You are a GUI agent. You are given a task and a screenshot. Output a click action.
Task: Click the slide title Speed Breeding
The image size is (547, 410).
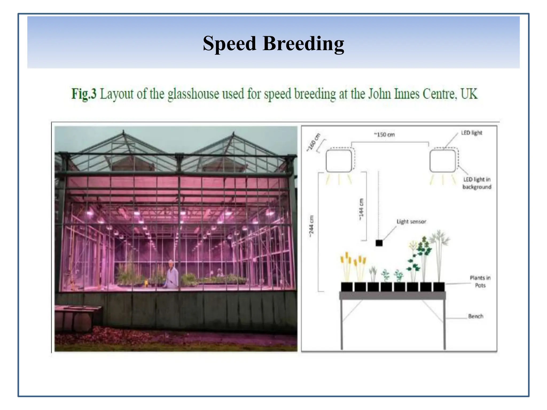273,44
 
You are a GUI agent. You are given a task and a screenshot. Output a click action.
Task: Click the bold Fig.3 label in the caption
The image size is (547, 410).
84,94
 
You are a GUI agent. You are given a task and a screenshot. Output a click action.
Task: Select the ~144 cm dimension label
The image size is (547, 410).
361,210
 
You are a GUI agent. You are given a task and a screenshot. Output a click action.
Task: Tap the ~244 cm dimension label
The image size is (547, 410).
311,226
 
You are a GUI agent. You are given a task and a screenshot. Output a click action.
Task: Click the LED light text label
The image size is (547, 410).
471,133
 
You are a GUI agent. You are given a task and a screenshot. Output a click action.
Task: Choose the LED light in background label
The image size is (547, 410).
477,183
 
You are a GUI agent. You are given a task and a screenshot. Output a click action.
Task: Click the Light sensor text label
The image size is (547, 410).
411,222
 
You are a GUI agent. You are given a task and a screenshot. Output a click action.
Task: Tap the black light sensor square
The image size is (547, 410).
379,243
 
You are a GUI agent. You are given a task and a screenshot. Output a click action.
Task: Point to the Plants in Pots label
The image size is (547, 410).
480,282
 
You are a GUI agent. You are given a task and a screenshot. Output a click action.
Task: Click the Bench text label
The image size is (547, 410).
475,316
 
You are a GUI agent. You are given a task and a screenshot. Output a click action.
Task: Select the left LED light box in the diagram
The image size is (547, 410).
339,161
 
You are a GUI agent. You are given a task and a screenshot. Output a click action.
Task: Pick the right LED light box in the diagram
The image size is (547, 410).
443,161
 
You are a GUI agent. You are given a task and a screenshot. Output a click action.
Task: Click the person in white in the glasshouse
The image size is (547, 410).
171,275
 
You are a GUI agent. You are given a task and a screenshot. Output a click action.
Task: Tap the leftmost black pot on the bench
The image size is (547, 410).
347,287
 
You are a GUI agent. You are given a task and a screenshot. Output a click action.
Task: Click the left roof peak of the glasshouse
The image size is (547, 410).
123,133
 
